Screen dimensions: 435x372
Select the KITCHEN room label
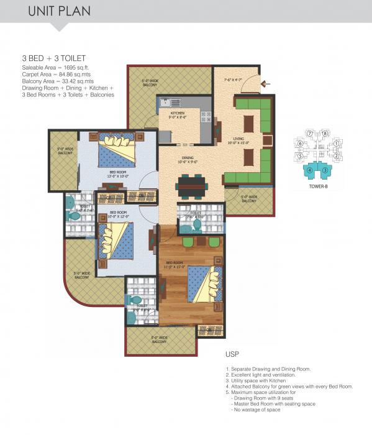click(178, 114)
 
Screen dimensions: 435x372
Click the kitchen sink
click(170, 101)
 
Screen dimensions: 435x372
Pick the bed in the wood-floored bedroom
click(203, 283)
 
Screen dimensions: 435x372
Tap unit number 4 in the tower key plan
click(309, 168)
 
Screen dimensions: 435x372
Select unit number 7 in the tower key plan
click(309, 134)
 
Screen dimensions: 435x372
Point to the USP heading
click(232, 356)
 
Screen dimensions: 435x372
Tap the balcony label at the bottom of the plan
click(158, 340)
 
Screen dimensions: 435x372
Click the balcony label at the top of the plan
click(150, 82)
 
